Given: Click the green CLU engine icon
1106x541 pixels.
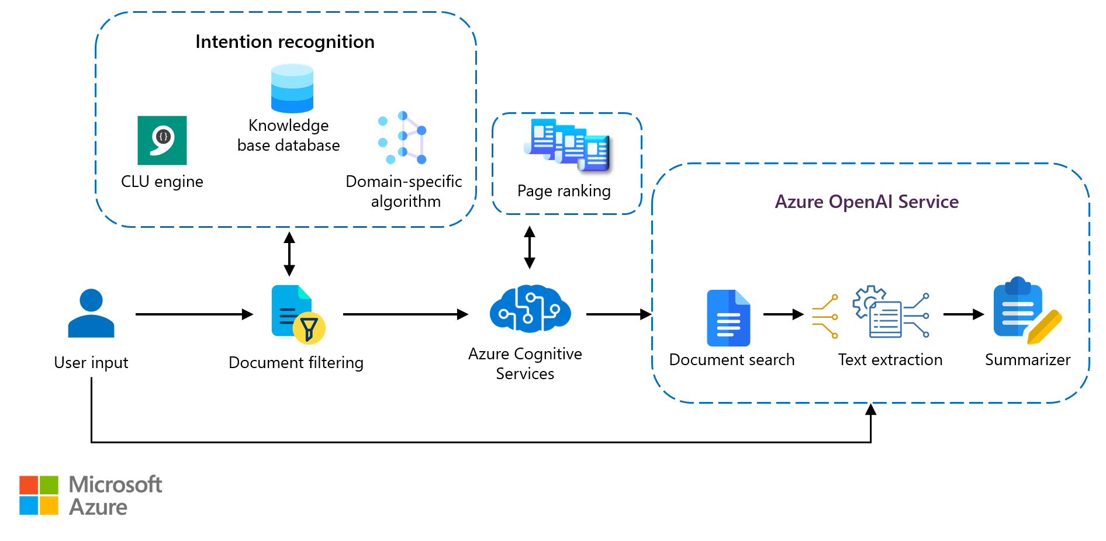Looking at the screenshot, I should point(162,140).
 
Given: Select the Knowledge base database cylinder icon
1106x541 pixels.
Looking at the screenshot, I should point(292,88).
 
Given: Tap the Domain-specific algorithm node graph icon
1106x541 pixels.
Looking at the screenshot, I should point(403,138).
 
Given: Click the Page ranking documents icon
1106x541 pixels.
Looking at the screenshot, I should point(567,145).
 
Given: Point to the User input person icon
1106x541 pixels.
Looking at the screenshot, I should point(91,313).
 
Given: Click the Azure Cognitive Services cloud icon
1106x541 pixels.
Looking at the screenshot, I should point(530,308).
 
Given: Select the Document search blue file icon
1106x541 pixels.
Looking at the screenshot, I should point(728,318).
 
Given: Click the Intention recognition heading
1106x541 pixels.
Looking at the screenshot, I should point(285,42).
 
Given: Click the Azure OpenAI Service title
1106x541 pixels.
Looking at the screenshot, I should point(866,202).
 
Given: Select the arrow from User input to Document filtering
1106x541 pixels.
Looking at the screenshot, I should point(194,314).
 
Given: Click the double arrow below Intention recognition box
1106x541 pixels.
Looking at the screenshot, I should point(289,254).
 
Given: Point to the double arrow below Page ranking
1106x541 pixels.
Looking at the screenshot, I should point(530,247).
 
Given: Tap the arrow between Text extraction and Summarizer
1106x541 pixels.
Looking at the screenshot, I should point(963,314).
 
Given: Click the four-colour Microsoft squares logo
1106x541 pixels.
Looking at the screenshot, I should point(39,495).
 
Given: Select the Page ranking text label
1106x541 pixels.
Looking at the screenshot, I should point(564,191).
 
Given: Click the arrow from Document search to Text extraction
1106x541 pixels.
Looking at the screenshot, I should point(783,314).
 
